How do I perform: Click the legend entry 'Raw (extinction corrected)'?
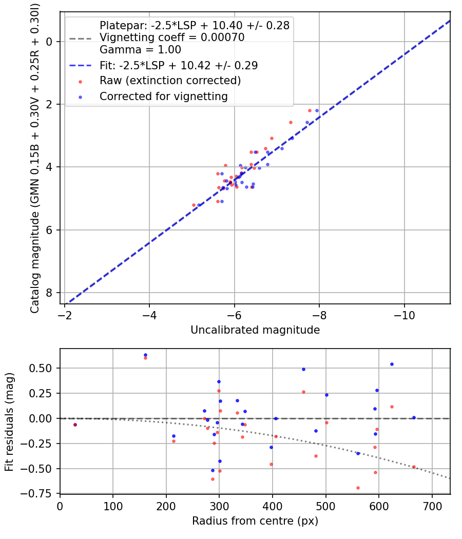point(170,81)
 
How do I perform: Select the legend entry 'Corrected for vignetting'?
point(164,96)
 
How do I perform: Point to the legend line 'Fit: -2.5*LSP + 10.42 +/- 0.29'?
point(179,66)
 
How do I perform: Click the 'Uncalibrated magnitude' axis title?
point(255,330)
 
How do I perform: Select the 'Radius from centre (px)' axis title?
point(255,521)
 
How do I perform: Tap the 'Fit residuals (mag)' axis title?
point(9,422)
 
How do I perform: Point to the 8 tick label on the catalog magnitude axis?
point(50,293)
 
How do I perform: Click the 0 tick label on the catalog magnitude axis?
point(50,41)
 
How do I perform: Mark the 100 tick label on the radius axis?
point(113,506)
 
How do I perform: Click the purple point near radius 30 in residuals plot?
point(75,425)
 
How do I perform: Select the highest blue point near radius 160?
point(145,355)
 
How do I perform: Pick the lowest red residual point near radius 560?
point(358,488)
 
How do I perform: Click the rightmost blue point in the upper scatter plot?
point(317,110)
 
